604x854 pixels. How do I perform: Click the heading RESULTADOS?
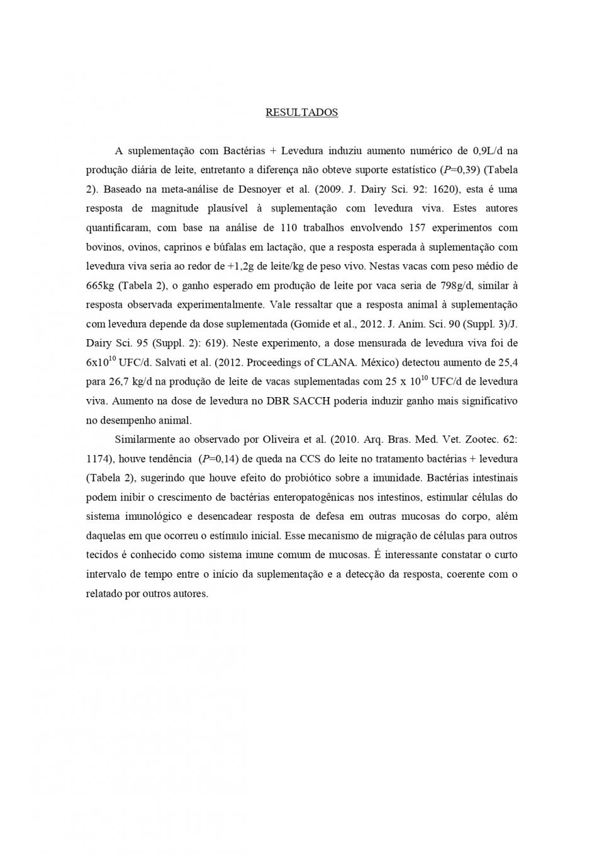click(x=301, y=113)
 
